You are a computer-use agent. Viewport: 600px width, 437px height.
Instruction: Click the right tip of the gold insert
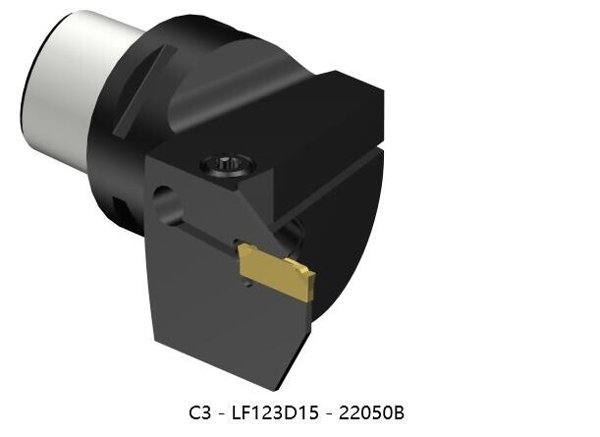click(311, 279)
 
